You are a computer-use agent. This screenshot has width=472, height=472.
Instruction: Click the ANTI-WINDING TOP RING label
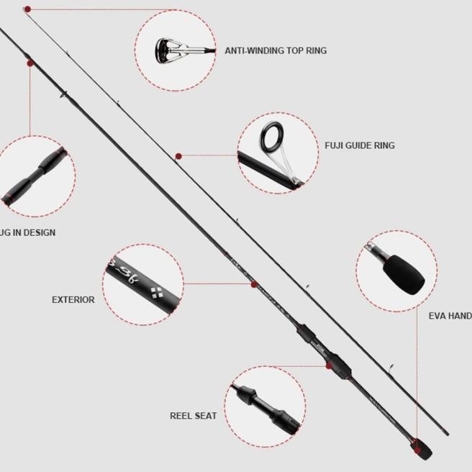point(275,51)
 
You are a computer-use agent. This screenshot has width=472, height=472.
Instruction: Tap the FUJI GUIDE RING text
point(360,145)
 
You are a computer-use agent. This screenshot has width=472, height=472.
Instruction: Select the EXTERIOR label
point(73,299)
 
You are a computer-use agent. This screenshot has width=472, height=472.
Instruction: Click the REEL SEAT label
point(193,415)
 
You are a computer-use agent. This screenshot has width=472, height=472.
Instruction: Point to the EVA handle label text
point(450,315)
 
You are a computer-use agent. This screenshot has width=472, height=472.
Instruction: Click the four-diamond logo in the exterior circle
point(157,292)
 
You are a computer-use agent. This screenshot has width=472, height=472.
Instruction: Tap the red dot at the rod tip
point(27,9)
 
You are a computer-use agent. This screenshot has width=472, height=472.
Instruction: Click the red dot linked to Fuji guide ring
point(178,155)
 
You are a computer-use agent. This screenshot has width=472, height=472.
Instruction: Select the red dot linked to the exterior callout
point(253,285)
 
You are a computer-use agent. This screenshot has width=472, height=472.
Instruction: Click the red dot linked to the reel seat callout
point(328,366)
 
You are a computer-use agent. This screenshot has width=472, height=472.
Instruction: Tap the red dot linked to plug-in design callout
point(29,63)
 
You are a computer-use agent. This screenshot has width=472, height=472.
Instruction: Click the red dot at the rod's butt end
point(415,440)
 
